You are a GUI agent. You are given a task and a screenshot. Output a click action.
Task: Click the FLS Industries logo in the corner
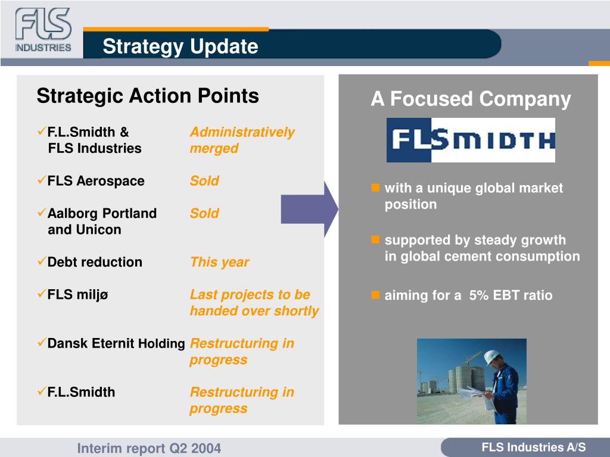tap(43, 30)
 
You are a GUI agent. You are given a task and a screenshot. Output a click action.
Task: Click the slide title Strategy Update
tap(180, 46)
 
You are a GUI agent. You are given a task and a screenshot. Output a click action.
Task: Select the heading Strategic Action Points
tap(148, 96)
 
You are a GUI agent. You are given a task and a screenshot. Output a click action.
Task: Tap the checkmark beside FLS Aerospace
tap(42, 180)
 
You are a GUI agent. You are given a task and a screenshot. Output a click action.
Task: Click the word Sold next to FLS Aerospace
tap(204, 181)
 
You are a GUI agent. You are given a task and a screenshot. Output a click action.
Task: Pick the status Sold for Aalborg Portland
tap(204, 214)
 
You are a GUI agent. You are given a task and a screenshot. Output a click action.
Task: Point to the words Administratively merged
tap(242, 140)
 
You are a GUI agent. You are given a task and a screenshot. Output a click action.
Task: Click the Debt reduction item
tap(95, 262)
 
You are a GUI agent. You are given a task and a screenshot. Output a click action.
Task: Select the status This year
tap(219, 262)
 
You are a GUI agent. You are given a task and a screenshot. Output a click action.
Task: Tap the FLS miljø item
tap(77, 295)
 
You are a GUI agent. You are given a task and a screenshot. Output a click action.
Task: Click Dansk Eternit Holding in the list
tap(116, 343)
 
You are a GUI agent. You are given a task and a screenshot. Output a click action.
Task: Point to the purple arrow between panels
tap(310, 209)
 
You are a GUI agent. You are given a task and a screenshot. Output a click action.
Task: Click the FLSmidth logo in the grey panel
tap(471, 140)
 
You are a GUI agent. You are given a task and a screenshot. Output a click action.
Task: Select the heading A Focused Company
tap(471, 99)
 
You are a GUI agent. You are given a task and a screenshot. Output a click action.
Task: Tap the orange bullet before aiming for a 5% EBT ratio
tap(375, 295)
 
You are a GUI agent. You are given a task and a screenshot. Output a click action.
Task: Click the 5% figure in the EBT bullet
tap(479, 295)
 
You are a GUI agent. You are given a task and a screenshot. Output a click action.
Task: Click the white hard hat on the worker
tap(491, 356)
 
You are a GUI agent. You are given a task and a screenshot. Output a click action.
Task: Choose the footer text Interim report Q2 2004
tap(149, 448)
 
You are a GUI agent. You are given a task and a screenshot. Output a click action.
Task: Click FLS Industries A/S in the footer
tap(533, 447)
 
